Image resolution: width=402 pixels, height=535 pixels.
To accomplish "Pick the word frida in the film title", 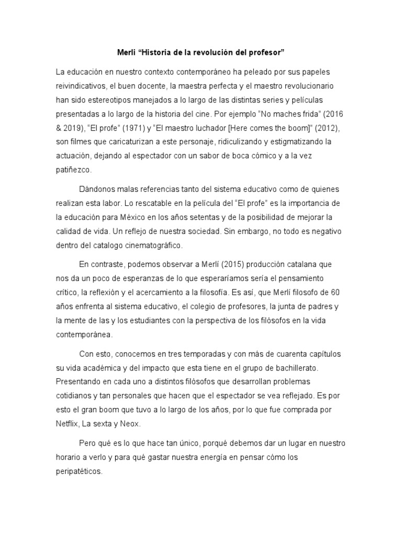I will tap(305, 113).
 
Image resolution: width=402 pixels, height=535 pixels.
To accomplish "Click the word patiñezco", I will tap(75, 170).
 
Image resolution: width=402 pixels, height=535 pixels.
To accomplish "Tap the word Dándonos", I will tap(98, 188).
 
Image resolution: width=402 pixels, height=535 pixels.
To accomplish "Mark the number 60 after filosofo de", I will tap(342, 292).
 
